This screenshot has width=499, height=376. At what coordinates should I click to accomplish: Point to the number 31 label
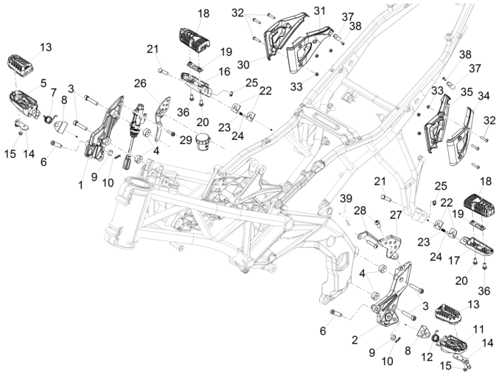click(x=318, y=11)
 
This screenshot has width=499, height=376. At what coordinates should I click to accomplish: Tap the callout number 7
click(x=53, y=91)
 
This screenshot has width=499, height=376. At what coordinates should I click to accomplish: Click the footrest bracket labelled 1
click(x=100, y=133)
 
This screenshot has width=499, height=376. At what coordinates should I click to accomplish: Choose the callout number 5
click(x=43, y=83)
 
